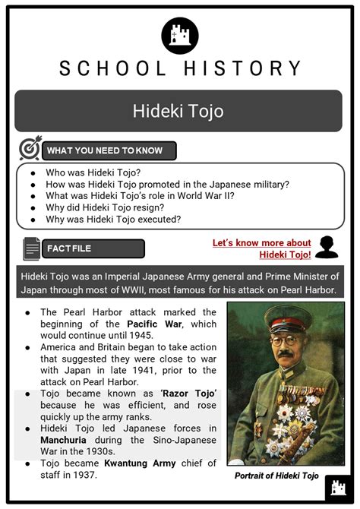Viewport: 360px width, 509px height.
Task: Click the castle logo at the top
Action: [x=180, y=35]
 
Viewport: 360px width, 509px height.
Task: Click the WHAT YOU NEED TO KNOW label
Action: [x=104, y=150]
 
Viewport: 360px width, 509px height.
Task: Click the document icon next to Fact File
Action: [x=31, y=248]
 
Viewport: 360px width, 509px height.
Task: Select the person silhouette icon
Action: [x=326, y=247]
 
